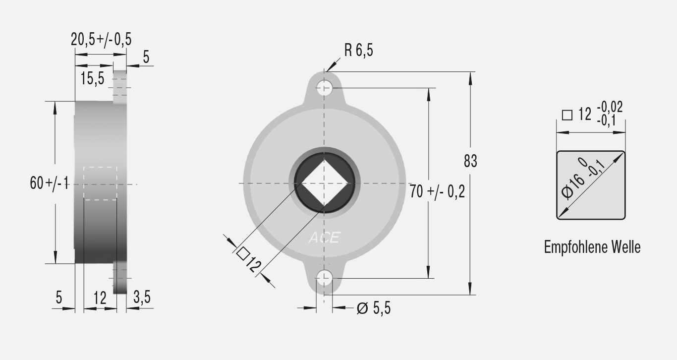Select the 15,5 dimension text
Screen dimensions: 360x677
pos(92,78)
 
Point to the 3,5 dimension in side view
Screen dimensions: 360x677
pos(142,298)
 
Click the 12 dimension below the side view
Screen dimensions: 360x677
pos(100,298)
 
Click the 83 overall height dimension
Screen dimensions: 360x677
pos(470,161)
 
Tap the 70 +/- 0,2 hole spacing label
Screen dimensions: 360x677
pos(437,191)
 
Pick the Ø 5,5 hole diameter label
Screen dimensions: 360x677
pos(374,308)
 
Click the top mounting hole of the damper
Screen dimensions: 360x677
pos(324,89)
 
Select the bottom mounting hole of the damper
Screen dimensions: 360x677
pos(324,278)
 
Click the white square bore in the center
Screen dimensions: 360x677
pos(324,183)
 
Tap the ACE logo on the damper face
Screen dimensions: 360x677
pos(324,238)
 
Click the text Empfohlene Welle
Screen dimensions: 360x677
pos(592,247)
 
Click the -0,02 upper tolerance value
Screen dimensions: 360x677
pos(610,107)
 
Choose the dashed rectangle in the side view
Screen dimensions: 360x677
pos(100,183)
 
